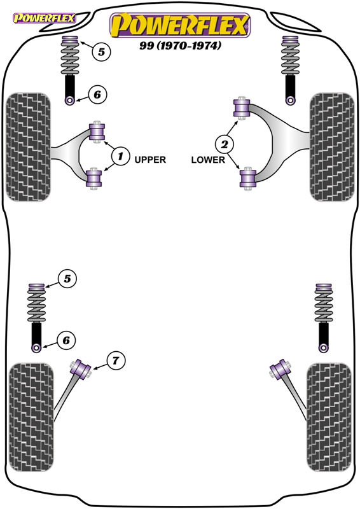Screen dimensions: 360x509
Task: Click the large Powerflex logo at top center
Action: point(180,25)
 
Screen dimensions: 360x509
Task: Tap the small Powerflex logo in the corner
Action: point(44,18)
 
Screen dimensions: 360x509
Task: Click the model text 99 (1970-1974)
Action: point(181,45)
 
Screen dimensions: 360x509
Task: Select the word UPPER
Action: point(150,160)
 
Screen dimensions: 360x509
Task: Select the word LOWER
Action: point(208,160)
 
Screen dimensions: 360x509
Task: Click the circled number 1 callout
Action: point(120,156)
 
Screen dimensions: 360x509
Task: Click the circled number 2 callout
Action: point(225,144)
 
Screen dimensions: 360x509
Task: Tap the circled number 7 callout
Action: point(116,360)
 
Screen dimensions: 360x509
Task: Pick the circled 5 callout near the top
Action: point(101,52)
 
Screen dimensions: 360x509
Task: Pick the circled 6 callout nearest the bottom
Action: point(66,340)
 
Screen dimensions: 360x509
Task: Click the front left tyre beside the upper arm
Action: point(28,147)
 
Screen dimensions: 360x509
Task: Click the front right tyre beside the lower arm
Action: point(332,147)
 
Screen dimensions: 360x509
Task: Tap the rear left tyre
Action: point(31,417)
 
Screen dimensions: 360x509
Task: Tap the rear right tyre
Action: point(329,417)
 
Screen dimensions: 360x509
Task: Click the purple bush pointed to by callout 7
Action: point(81,369)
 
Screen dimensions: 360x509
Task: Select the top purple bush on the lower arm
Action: point(242,108)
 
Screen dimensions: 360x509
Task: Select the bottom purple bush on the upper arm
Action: point(94,179)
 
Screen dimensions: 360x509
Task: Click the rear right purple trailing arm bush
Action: point(280,369)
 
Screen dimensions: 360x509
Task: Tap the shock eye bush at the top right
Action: point(290,100)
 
